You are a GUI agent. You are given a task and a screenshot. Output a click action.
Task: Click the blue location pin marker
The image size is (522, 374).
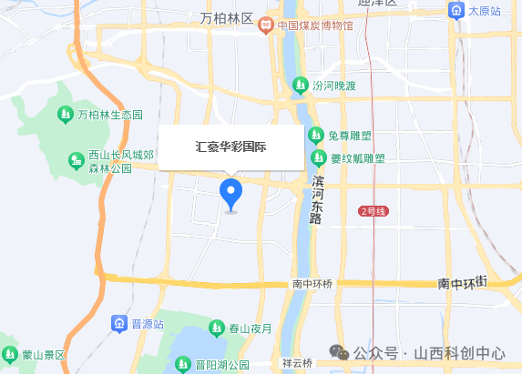(x=231, y=193)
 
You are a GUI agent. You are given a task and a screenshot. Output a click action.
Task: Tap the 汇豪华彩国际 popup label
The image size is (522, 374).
(x=231, y=147)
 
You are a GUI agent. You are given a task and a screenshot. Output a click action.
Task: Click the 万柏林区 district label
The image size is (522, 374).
(x=227, y=19)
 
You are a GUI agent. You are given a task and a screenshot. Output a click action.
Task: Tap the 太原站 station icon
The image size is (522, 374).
(x=455, y=11)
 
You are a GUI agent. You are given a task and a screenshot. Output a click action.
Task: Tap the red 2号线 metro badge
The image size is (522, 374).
(x=374, y=211)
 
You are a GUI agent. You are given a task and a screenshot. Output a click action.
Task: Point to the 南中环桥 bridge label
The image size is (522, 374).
(x=312, y=284)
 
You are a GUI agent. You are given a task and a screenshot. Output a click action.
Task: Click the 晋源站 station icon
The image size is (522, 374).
(x=119, y=323)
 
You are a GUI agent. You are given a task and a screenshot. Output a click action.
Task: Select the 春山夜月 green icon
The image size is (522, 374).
(x=217, y=328)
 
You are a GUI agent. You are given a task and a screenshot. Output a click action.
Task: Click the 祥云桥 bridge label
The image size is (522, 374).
(x=297, y=363)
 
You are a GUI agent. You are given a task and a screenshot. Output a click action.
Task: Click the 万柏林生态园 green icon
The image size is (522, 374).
(x=65, y=115)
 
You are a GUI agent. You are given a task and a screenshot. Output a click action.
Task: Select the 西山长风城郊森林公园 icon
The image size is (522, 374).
(x=77, y=162)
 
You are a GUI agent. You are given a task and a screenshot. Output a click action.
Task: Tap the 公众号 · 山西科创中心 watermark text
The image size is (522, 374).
(x=429, y=353)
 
